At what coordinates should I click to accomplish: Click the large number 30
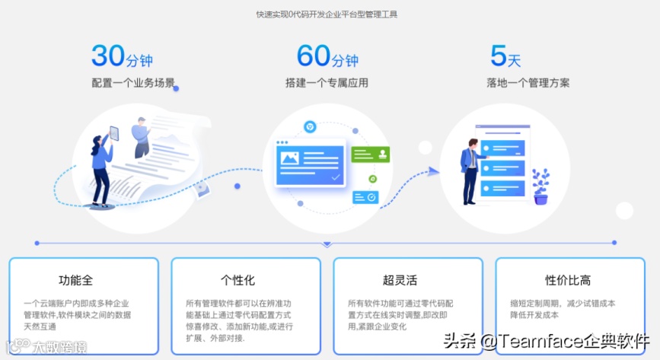(x=107, y=56)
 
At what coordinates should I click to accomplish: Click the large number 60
(x=314, y=56)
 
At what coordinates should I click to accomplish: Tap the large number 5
(x=499, y=56)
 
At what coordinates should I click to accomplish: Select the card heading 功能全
(x=75, y=280)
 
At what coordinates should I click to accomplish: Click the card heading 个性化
(x=238, y=280)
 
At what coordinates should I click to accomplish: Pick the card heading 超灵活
(x=400, y=280)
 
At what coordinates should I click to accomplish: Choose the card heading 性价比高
(x=568, y=280)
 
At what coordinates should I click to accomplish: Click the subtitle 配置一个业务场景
(x=128, y=82)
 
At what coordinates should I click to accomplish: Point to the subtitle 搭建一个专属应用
(x=327, y=82)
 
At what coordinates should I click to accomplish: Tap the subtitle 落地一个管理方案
(x=528, y=82)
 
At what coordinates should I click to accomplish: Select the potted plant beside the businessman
(x=541, y=186)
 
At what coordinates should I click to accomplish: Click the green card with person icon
(x=371, y=154)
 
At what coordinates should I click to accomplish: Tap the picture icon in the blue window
(x=290, y=159)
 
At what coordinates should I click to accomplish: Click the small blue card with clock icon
(x=365, y=197)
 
